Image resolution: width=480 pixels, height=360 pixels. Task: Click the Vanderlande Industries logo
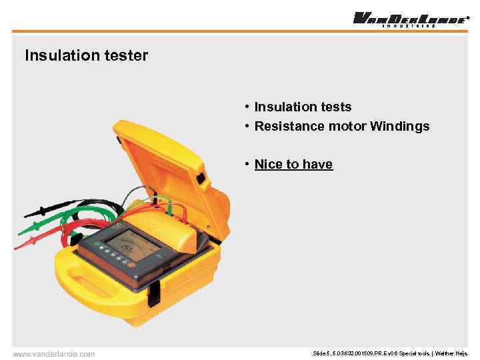click(x=409, y=19)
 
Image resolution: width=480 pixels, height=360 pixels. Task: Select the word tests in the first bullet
click(x=335, y=107)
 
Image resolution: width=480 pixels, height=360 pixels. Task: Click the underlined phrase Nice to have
click(x=293, y=164)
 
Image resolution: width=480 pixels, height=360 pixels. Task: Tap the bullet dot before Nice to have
click(x=247, y=164)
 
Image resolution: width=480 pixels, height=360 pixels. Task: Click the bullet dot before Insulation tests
click(x=247, y=107)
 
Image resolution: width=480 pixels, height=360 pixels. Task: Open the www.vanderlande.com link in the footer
click(x=54, y=354)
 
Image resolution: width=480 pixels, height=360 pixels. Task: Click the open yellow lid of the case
click(x=167, y=160)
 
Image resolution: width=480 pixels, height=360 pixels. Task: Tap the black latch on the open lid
click(x=201, y=179)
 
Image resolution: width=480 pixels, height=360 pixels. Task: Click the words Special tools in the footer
click(x=413, y=354)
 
